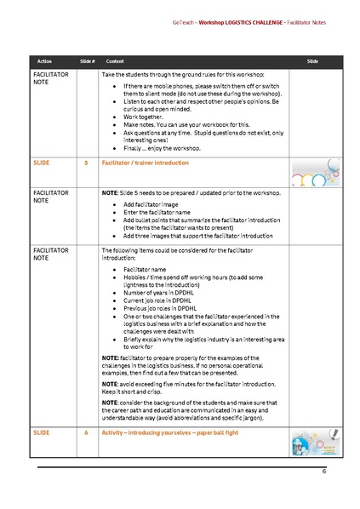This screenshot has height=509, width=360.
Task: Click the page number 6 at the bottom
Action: point(323,471)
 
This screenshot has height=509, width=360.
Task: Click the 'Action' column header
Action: point(45,62)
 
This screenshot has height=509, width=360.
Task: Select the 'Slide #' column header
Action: point(87,62)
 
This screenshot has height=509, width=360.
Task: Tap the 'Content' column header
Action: point(115,62)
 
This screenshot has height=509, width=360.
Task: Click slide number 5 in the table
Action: point(87,161)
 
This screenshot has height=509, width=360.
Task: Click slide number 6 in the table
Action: point(87,432)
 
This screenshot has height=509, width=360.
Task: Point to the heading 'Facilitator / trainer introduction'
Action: point(146,161)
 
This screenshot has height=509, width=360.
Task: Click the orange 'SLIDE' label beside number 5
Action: point(41,161)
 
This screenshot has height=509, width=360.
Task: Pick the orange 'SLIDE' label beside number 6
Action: point(41,432)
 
